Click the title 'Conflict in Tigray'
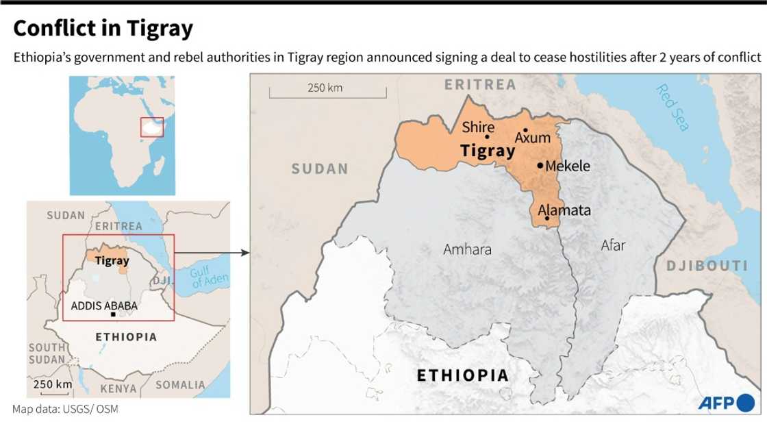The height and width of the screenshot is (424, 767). point(103,29)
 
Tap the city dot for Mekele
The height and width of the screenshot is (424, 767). point(540,166)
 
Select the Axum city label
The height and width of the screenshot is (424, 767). point(533,138)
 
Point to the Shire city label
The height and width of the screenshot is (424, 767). point(478,127)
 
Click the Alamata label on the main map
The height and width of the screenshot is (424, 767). point(564,210)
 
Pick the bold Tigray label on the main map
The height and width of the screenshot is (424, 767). point(488,151)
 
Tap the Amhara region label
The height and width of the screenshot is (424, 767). point(467,249)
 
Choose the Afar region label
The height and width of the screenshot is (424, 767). point(613,245)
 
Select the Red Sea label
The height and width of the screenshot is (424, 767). point(672,108)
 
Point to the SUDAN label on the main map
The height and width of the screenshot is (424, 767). point(320,169)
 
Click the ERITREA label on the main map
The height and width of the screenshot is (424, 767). point(480,85)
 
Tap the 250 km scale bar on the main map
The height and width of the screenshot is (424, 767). point(327,92)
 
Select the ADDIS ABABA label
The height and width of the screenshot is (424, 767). point(104,305)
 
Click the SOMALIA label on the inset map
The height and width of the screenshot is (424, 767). point(180,385)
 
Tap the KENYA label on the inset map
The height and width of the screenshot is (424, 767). point(118,388)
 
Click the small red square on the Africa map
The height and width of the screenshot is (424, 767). point(152,127)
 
